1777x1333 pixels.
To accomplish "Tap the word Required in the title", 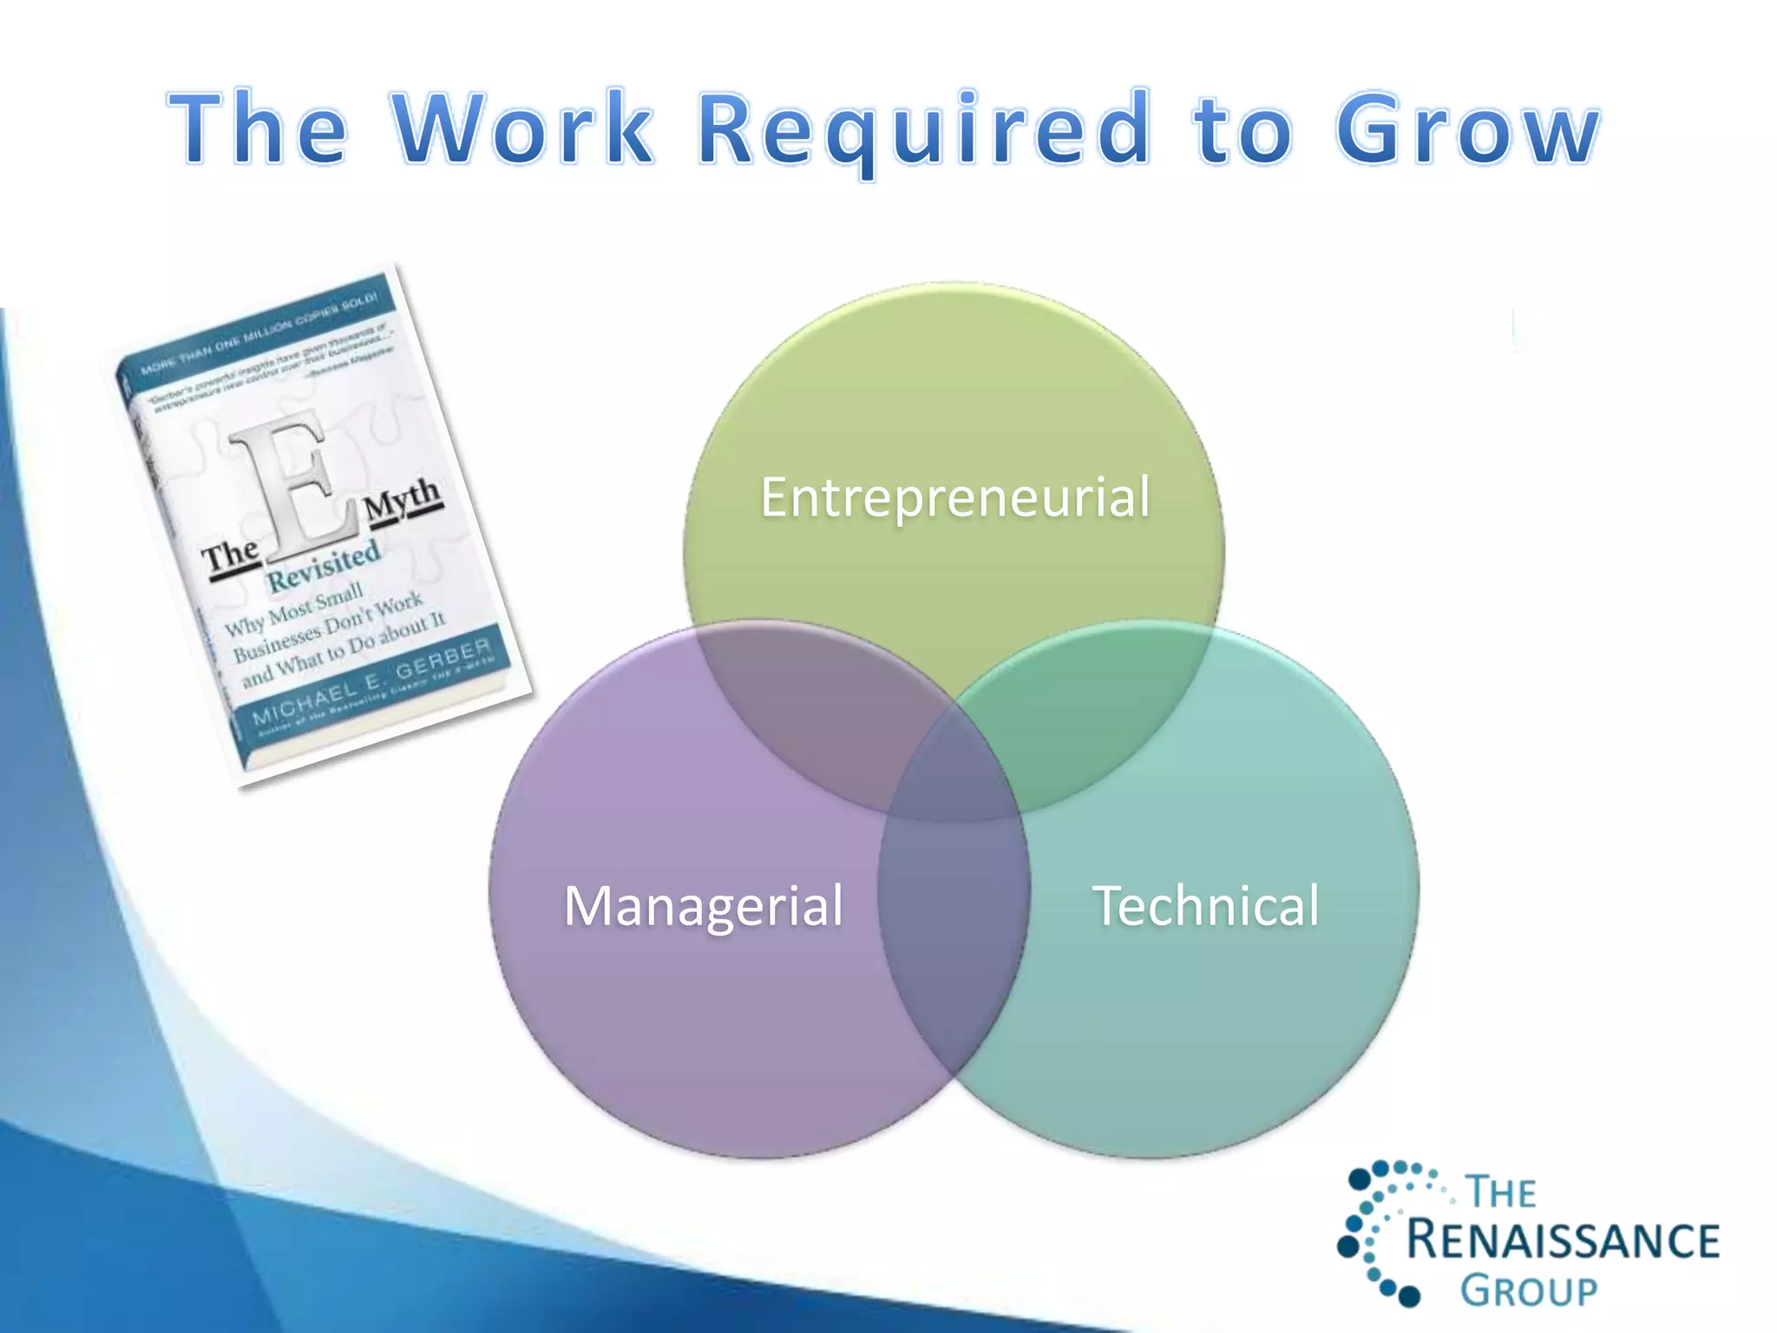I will pyautogui.click(x=925, y=130).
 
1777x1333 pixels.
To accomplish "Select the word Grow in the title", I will pyautogui.click(x=1467, y=130).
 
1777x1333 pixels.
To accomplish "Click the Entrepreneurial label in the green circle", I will pyautogui.click(x=954, y=497).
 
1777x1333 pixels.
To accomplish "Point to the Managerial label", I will pyautogui.click(x=703, y=905).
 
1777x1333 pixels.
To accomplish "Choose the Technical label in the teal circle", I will pyautogui.click(x=1205, y=905).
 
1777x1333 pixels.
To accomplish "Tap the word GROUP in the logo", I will pyautogui.click(x=1528, y=1290).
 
